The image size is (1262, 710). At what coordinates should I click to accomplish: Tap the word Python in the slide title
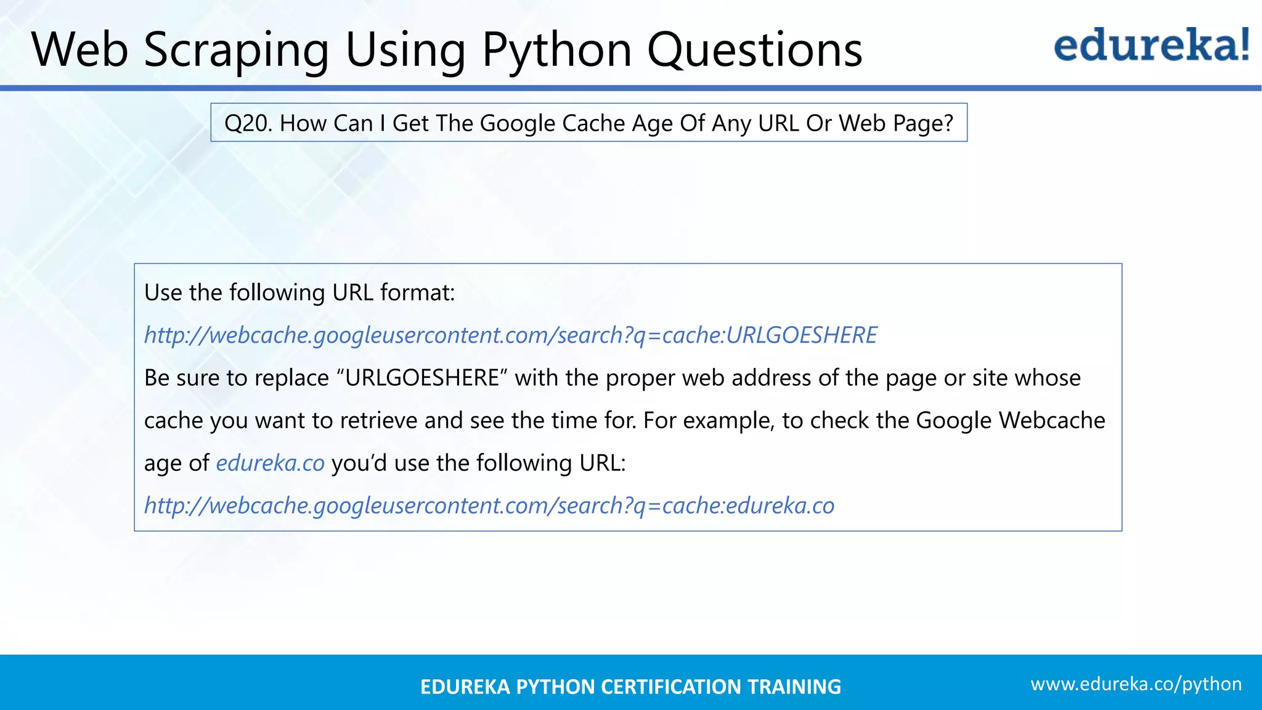(556, 51)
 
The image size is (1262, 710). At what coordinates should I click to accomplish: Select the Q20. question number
(248, 123)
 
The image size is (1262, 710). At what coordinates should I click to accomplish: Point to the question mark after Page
(948, 123)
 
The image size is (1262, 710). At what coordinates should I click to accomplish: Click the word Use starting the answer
(163, 292)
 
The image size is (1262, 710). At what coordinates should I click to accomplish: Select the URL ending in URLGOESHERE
(510, 335)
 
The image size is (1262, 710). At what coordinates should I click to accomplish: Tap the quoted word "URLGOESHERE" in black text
(422, 378)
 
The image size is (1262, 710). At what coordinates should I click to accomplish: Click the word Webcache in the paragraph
(1052, 420)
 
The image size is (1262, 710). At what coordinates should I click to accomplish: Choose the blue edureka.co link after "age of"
(270, 463)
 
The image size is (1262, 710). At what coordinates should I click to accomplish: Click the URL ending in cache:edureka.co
(489, 505)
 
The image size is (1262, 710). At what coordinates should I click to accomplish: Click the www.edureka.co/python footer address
(1136, 684)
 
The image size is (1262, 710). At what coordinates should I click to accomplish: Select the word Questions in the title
(754, 51)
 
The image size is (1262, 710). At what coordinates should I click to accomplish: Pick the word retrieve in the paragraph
(378, 420)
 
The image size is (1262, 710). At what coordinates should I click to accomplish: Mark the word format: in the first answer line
(417, 292)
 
